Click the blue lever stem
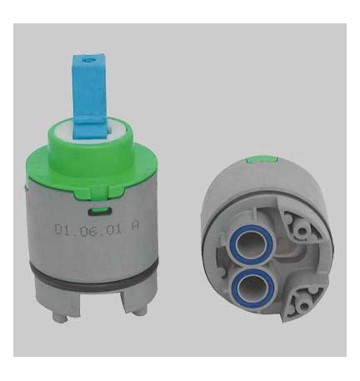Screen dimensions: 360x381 click(89, 98)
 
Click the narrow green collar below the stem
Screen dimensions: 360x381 click(91, 148)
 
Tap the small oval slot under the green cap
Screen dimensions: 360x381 click(100, 212)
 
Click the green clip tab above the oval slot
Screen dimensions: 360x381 click(100, 209)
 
